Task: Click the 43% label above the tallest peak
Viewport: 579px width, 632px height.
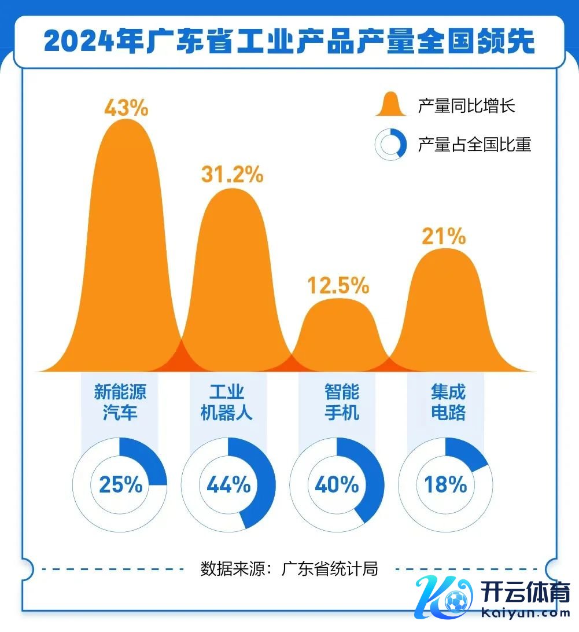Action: pos(127,108)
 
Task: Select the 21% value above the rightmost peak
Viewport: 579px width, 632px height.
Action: pos(444,236)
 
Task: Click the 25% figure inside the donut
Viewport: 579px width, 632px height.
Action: pos(120,484)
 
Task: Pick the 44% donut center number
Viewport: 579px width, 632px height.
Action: pos(229,484)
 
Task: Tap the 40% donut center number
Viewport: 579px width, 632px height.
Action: pos(337,484)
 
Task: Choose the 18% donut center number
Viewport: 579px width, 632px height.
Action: pos(445,484)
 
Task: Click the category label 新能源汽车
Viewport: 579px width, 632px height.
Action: pos(120,402)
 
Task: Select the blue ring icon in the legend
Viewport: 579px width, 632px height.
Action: pos(390,144)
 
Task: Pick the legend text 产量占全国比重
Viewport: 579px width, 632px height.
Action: pos(474,144)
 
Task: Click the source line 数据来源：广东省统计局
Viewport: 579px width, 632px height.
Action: pos(289,568)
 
